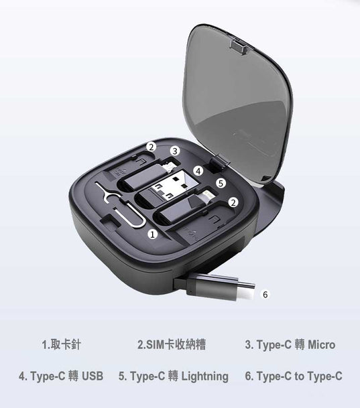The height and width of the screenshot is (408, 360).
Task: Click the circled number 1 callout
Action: click(x=153, y=234)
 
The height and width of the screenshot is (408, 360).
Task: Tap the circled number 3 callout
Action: click(x=175, y=151)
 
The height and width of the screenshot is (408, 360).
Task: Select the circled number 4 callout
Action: click(x=198, y=172)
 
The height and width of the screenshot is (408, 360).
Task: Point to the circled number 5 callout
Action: click(x=221, y=184)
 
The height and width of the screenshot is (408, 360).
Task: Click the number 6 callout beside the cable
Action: click(x=265, y=294)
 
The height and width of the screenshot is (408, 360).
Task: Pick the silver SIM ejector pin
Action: click(x=120, y=206)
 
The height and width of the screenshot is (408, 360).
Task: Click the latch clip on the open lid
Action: click(x=239, y=46)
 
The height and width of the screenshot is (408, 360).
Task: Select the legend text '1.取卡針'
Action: click(x=62, y=345)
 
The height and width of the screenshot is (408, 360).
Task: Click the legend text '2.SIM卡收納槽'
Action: click(x=172, y=345)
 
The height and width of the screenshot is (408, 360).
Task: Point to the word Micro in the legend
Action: click(x=322, y=345)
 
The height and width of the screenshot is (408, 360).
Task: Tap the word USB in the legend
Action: click(x=93, y=376)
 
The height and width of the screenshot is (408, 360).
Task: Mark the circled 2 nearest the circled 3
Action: click(x=151, y=147)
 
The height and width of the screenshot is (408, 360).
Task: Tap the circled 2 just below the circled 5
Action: click(x=233, y=202)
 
